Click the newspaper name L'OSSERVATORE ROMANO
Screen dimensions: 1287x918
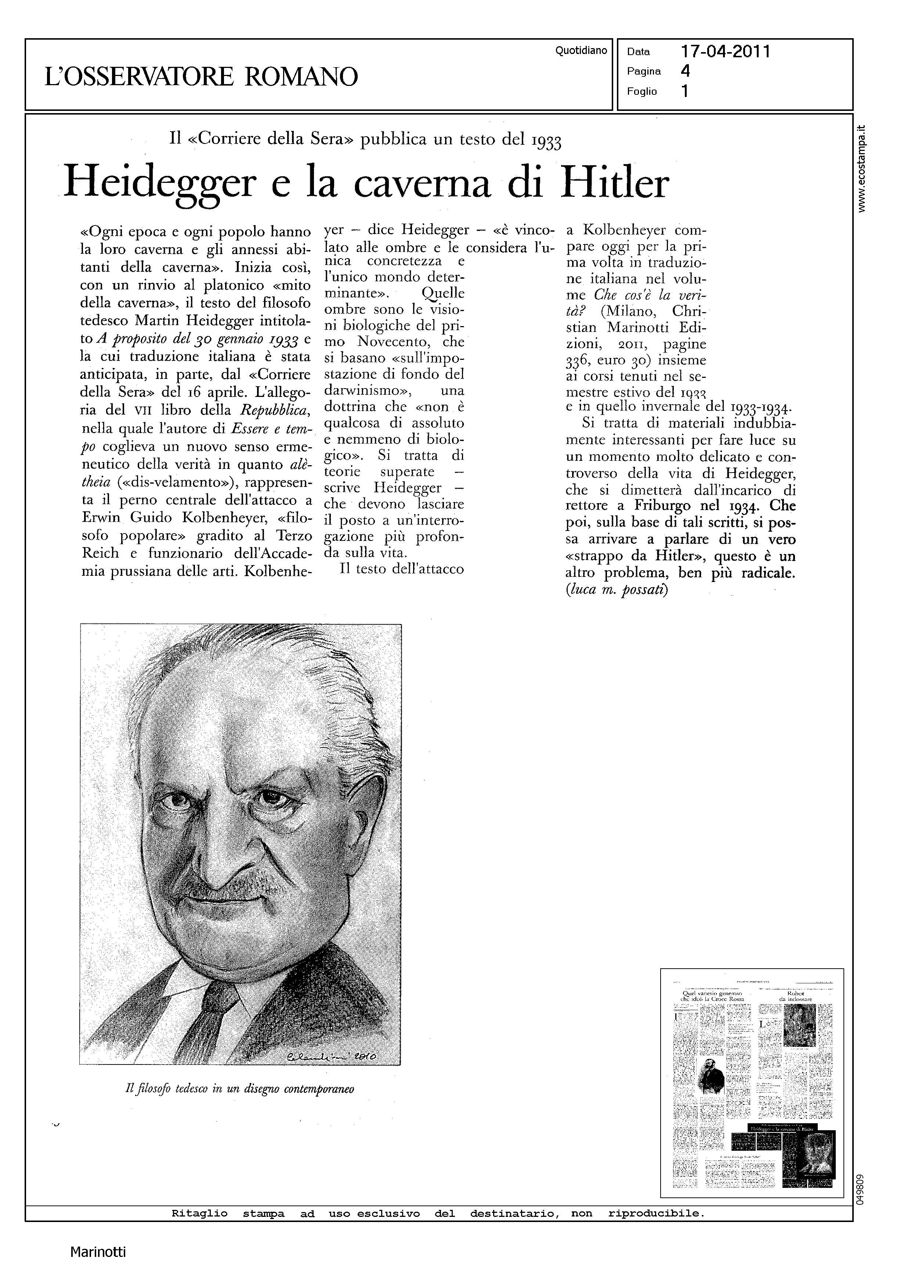coord(201,76)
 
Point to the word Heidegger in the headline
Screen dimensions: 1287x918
coord(159,182)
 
